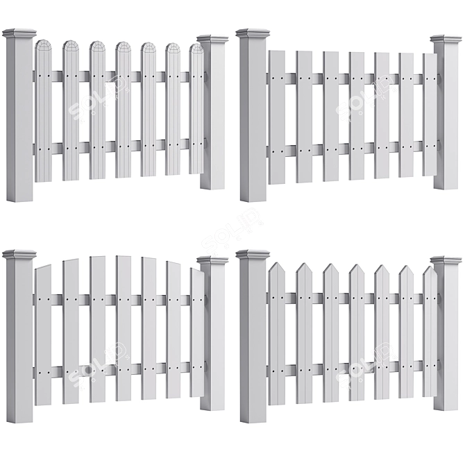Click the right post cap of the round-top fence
212,40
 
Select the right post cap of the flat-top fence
446,40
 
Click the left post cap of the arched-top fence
19,255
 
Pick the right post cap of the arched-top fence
212,261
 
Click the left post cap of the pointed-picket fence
252,255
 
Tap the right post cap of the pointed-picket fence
446,261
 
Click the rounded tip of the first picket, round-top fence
44,46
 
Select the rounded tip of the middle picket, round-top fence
123,47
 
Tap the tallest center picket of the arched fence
123,326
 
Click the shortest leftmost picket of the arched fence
44,333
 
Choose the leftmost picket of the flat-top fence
276,115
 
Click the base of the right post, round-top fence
212,183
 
